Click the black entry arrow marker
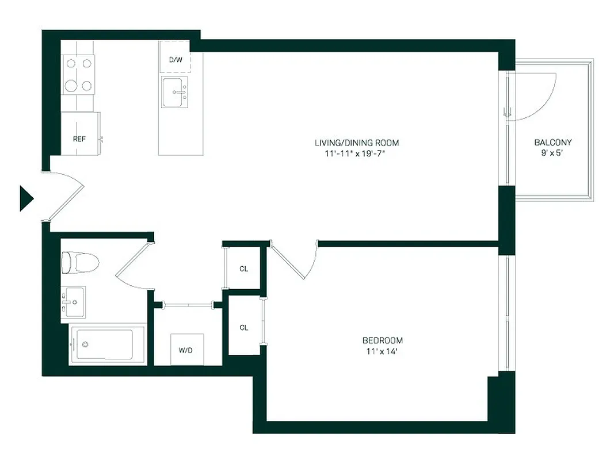click(26, 198)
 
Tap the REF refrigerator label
click(79, 139)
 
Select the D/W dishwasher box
click(174, 60)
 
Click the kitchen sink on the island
click(175, 92)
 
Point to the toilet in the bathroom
click(79, 263)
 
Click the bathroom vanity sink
click(73, 301)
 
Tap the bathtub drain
click(85, 344)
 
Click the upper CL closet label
click(244, 269)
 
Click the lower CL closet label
click(244, 328)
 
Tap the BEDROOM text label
click(382, 340)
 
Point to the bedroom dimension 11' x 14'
click(382, 350)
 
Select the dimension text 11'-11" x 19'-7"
click(357, 154)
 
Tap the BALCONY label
click(553, 143)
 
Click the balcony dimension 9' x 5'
click(553, 154)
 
